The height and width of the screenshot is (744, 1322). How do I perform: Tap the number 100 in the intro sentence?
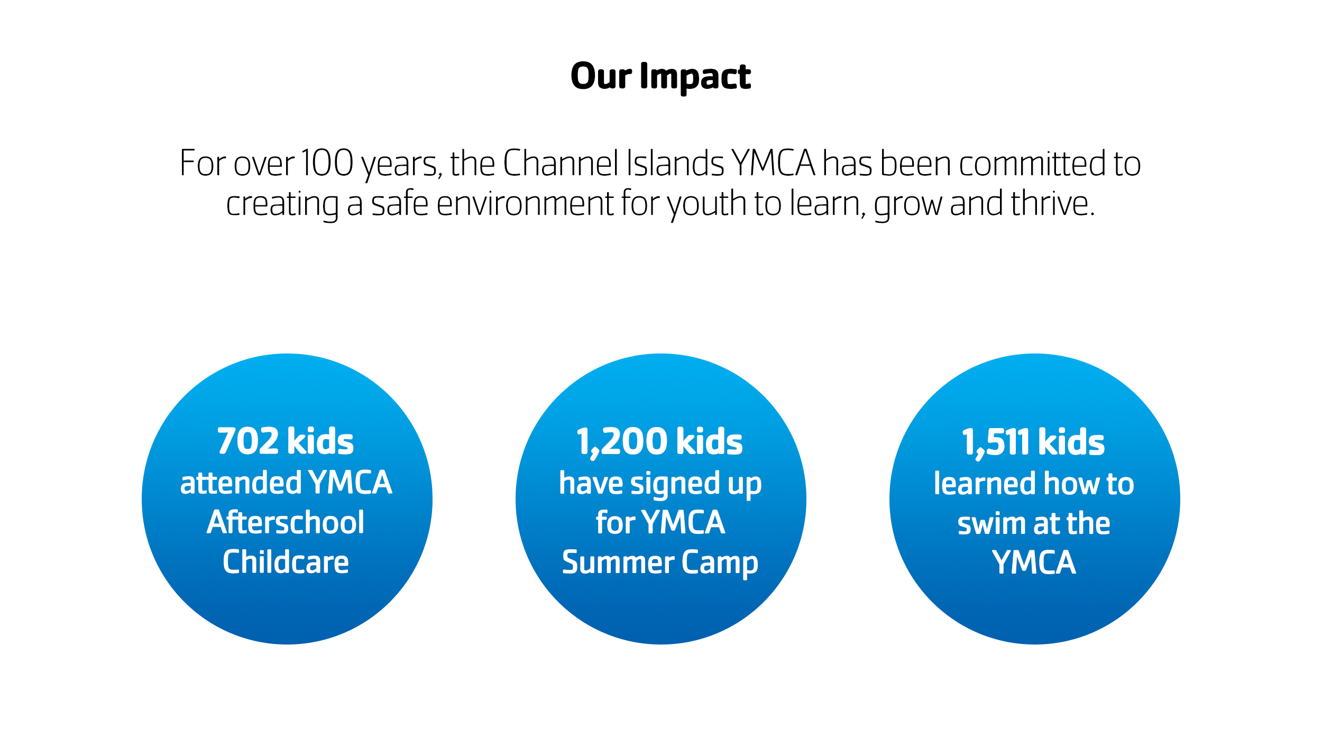pyautogui.click(x=327, y=164)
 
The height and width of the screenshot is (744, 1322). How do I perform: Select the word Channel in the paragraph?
pyautogui.click(x=560, y=164)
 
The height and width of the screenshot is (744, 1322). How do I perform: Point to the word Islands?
pyautogui.click(x=675, y=164)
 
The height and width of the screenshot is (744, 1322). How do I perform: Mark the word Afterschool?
pyautogui.click(x=286, y=523)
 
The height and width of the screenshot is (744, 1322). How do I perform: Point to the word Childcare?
pyautogui.click(x=286, y=562)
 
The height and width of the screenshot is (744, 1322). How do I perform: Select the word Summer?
pyautogui.click(x=618, y=562)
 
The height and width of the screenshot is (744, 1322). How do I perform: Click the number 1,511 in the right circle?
pyautogui.click(x=995, y=443)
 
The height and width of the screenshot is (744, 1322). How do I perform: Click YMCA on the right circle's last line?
pyautogui.click(x=1034, y=562)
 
